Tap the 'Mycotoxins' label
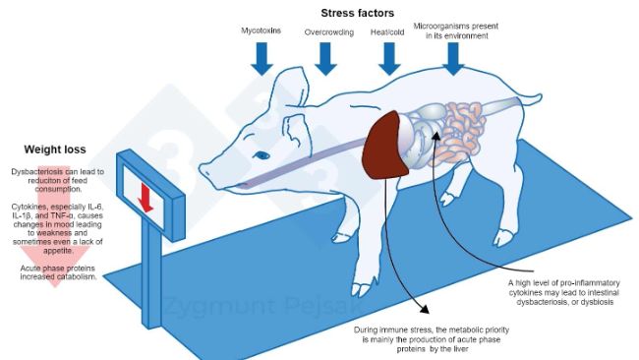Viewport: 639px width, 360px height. (261, 31)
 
